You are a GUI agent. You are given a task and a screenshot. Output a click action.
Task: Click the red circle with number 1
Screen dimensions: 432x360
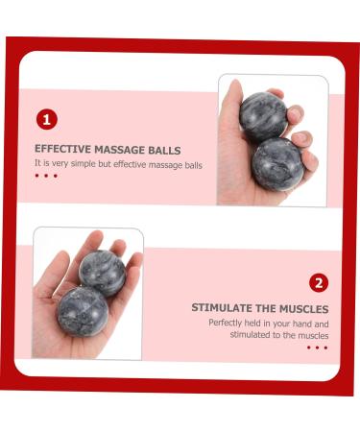[47, 120]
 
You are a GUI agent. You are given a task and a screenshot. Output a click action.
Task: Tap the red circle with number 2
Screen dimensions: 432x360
[319, 282]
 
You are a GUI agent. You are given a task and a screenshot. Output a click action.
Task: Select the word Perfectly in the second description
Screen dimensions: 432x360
[227, 323]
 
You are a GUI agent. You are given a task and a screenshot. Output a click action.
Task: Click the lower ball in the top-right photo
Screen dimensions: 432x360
[277, 162]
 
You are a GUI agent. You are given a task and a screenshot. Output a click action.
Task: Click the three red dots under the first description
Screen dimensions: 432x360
[46, 177]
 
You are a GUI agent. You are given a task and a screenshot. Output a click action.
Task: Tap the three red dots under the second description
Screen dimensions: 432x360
[317, 348]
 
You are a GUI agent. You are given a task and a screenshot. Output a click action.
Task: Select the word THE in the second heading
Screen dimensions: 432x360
[268, 308]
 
